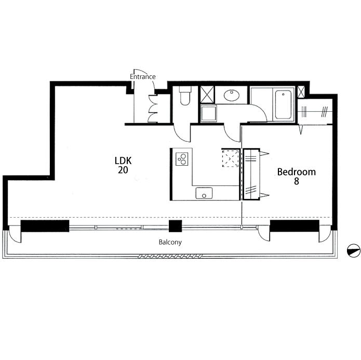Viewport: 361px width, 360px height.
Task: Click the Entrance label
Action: point(142,77)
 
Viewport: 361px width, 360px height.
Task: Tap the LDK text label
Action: point(123,161)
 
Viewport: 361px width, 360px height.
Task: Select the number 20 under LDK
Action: point(123,170)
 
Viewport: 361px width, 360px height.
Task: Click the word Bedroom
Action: point(296,172)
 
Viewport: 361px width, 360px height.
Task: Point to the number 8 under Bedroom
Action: point(297,181)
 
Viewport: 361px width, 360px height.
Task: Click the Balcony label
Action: point(170,242)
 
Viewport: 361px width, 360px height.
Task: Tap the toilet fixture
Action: point(185,96)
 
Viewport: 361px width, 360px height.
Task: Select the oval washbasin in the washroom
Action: point(232,95)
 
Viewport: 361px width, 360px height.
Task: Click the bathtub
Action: point(283,104)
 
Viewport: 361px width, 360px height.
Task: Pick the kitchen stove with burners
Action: point(182,159)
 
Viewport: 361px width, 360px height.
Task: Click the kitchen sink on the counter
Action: point(204,193)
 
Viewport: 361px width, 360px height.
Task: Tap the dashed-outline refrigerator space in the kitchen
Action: point(230,158)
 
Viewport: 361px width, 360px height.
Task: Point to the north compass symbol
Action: point(354,251)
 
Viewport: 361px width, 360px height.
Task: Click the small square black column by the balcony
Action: point(176,226)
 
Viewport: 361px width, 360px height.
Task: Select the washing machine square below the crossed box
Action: point(209,113)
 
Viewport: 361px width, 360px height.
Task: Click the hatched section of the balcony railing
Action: point(170,256)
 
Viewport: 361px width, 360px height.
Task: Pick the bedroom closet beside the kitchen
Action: point(251,174)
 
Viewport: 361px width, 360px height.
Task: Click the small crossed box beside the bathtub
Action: point(301,91)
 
